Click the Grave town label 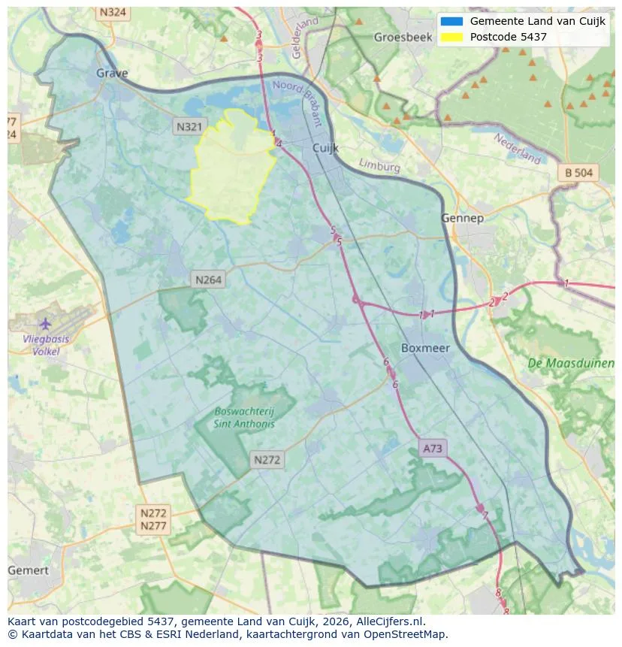[x=112, y=74]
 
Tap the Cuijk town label [x=327, y=149]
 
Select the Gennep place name [x=462, y=218]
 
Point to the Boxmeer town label [x=425, y=348]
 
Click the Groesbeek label [x=398, y=37]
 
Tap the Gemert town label [x=28, y=570]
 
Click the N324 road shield [x=113, y=13]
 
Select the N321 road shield [x=189, y=127]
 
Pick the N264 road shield [x=208, y=280]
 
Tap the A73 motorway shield [x=433, y=449]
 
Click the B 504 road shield [x=578, y=173]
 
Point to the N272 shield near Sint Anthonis [x=267, y=460]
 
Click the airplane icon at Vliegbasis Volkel [x=45, y=323]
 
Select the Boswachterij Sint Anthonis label [x=244, y=418]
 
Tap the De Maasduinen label [x=571, y=364]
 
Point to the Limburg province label [x=379, y=165]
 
